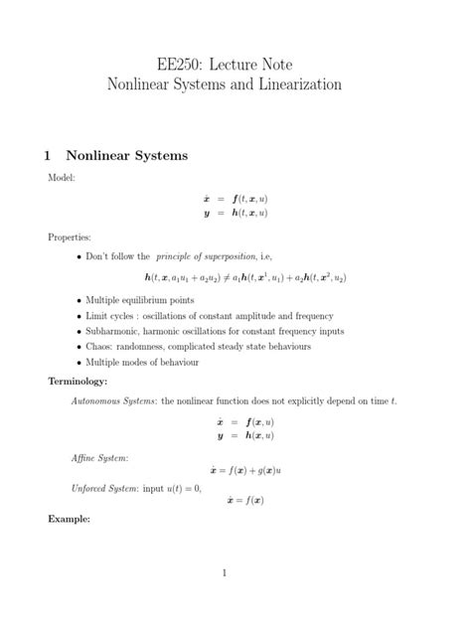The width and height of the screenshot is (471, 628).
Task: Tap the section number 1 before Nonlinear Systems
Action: tap(48, 156)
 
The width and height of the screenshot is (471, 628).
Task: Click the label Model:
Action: tap(61, 177)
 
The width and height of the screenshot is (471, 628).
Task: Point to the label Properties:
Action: tap(69, 238)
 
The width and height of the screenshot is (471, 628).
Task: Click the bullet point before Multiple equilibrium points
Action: tap(78, 299)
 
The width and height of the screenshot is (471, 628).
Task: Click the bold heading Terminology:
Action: tap(78, 381)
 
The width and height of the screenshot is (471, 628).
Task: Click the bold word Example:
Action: tap(69, 519)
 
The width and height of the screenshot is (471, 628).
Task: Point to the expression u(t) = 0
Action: tap(180, 488)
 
